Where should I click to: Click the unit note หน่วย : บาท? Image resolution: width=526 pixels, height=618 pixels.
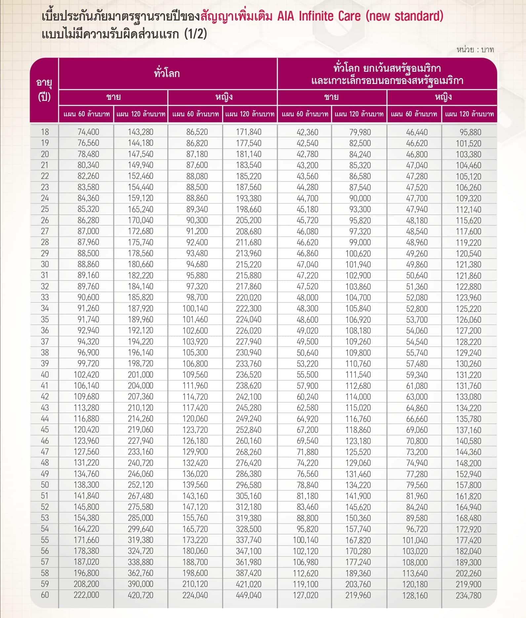[x=475, y=50]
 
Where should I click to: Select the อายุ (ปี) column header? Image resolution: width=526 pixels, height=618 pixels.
[x=44, y=90]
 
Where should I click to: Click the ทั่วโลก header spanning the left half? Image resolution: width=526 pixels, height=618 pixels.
[x=167, y=73]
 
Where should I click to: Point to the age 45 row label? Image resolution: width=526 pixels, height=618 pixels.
[x=45, y=430]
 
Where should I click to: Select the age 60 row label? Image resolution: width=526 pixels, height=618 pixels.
[x=45, y=595]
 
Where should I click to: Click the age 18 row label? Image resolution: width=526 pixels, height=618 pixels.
[x=45, y=132]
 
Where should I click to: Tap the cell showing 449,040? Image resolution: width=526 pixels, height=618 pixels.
[x=249, y=595]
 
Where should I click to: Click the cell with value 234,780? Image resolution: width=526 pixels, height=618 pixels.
[x=468, y=595]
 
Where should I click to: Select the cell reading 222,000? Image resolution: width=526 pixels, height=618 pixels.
[x=86, y=595]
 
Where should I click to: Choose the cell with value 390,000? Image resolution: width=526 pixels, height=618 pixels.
[x=141, y=584]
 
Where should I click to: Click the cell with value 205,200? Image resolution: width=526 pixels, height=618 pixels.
[x=249, y=220]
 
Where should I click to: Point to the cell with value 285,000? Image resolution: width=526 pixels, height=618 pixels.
[x=141, y=518]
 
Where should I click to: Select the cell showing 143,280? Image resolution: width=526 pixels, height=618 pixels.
[x=141, y=132]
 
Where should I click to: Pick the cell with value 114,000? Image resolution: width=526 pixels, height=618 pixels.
[x=358, y=397]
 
